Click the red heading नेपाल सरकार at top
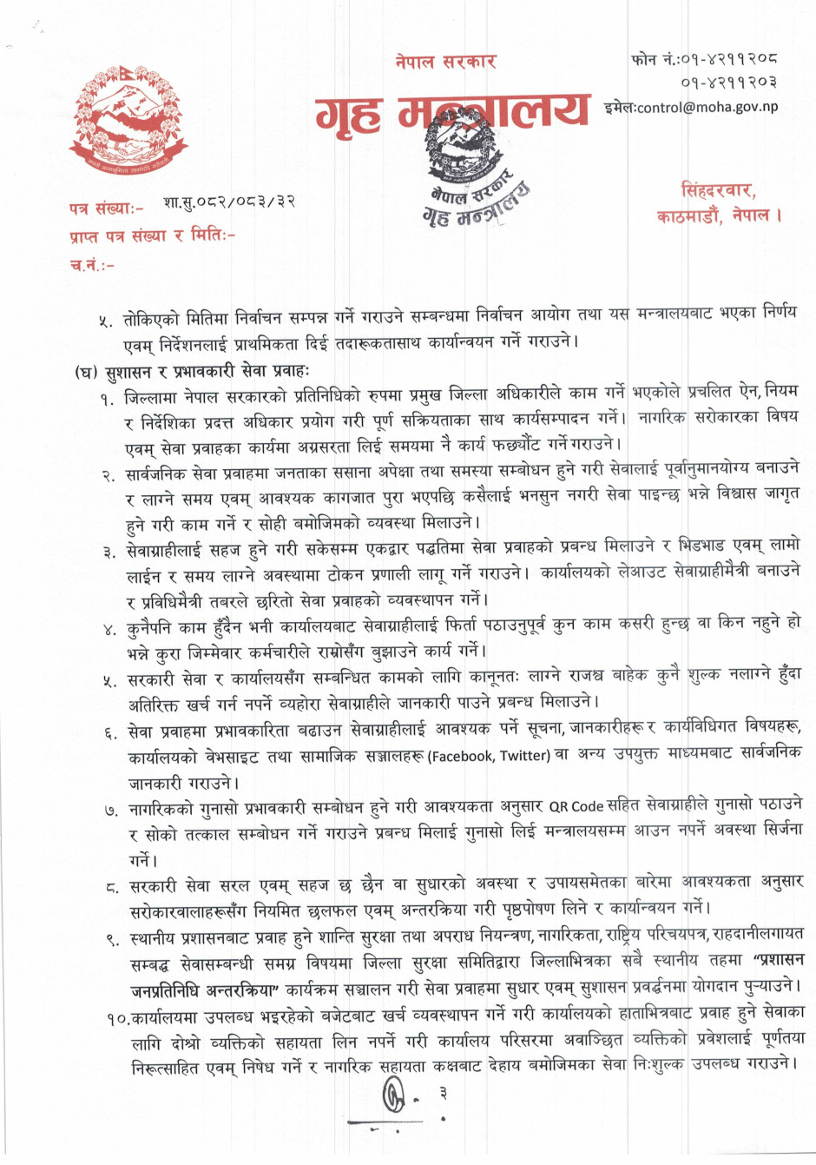444,62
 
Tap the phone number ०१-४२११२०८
727,60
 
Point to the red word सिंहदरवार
718,190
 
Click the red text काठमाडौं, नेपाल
719,215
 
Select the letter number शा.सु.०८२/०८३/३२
229,202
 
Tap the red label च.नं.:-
91,264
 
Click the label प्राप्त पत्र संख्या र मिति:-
152,236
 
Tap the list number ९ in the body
112,938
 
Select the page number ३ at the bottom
443,1092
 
